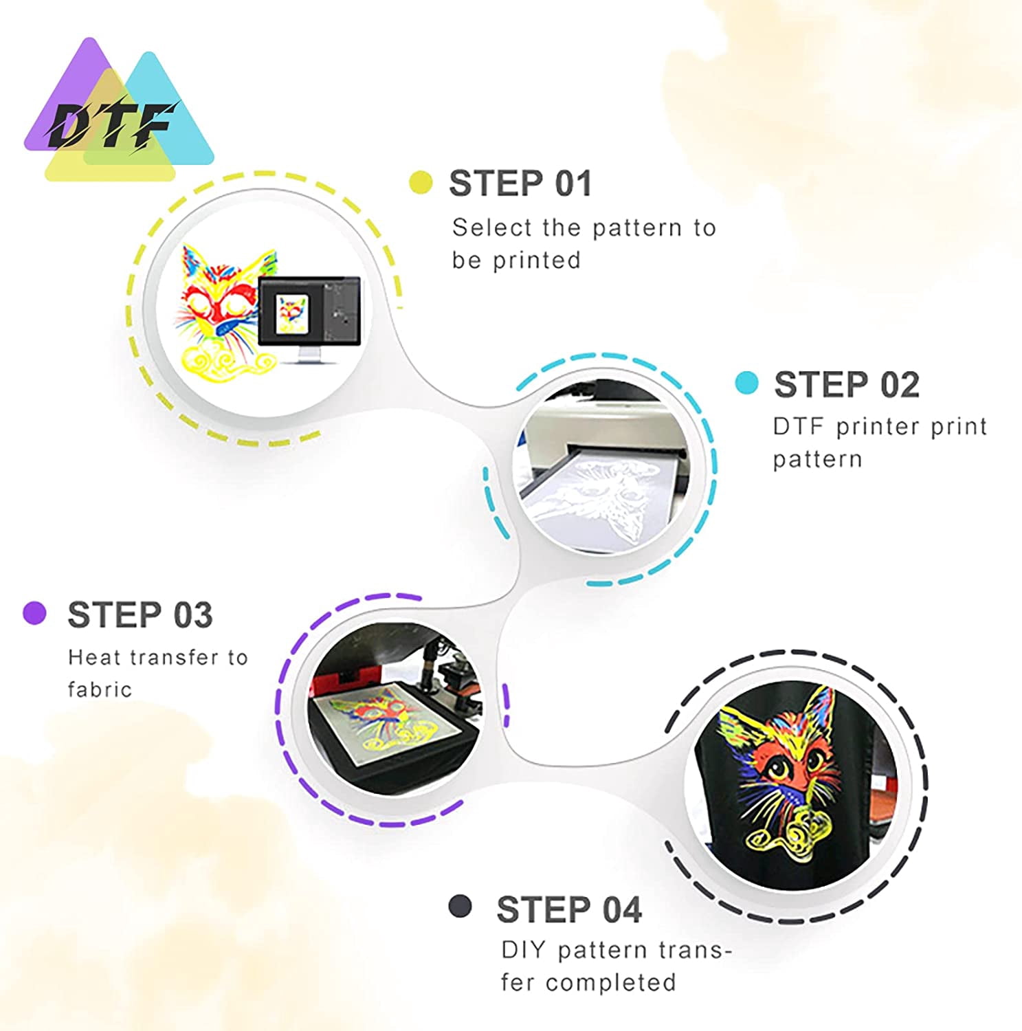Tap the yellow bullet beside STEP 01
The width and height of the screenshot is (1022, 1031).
[421, 183]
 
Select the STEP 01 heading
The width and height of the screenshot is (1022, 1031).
[520, 184]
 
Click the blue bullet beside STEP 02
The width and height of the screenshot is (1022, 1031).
[746, 384]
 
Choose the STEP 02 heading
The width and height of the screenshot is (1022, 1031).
[847, 384]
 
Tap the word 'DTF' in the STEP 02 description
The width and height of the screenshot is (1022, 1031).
[798, 427]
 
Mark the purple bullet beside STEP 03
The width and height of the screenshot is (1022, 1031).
[34, 612]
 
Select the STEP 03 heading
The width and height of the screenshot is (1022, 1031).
[140, 614]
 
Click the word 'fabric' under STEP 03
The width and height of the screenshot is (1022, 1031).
[100, 689]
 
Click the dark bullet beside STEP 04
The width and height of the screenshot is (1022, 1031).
[460, 906]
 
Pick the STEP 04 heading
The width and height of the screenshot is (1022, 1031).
[569, 909]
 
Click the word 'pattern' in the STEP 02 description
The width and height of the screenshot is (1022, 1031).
[817, 459]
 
